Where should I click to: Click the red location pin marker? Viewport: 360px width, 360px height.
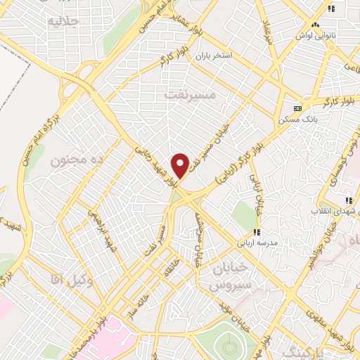coord(181,165)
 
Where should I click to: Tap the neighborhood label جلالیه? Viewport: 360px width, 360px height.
coord(61,21)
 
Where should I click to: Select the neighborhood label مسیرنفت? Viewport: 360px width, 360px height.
coord(188,92)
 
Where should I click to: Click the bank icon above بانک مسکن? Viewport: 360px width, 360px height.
coord(298,108)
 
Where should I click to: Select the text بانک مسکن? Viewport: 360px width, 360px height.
coord(295,119)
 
